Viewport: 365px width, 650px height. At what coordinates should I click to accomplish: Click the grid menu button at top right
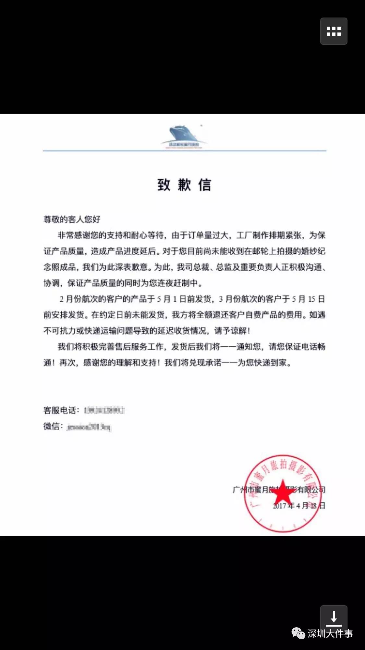334,31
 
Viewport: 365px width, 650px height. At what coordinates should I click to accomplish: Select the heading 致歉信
184,185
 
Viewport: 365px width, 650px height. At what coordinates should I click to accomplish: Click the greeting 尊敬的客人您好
72,219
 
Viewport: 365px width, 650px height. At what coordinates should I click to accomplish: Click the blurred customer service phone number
104,410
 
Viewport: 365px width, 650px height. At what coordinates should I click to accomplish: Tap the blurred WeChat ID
89,427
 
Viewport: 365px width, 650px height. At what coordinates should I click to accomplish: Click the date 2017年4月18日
299,505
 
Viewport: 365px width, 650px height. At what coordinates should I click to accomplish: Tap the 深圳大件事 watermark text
330,633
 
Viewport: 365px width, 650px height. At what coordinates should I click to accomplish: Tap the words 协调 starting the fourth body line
51,283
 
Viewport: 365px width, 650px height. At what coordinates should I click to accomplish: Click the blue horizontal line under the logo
184,151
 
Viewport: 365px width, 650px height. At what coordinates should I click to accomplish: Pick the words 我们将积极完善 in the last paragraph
86,347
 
